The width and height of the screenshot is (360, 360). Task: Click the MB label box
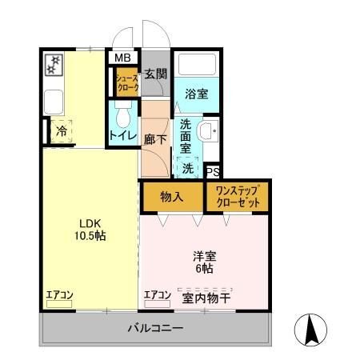pos(122,58)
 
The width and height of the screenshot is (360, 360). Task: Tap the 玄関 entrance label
pos(156,74)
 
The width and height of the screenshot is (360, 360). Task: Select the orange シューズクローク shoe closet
pos(126,84)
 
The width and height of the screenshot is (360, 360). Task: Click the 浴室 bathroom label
pos(196,93)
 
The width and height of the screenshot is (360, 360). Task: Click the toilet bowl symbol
pos(122,117)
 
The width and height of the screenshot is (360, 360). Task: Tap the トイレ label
pos(122,136)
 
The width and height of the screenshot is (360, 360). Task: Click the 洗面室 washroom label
pos(186,135)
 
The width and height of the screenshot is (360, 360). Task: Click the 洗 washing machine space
pos(188,168)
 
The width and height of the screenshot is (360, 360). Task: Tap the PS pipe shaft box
pos(213,171)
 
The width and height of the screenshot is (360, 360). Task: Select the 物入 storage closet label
pos(171,196)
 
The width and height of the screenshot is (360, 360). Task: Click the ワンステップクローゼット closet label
pos(237,197)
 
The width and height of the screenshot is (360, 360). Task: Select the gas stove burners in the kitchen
pos(55,65)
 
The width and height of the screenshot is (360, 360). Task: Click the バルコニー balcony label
pos(156,329)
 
